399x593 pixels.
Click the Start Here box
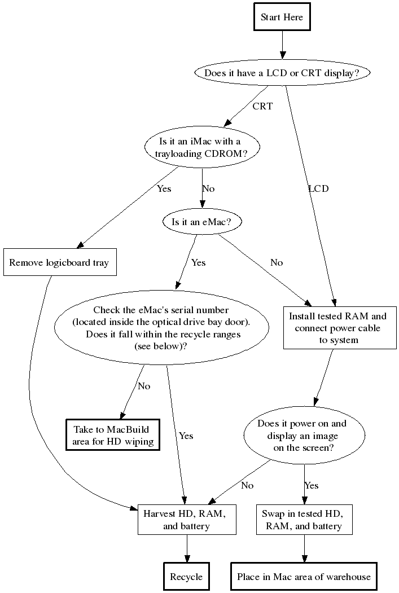point(282,17)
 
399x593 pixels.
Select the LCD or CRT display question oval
point(282,73)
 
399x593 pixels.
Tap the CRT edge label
point(262,106)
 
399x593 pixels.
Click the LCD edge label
point(318,188)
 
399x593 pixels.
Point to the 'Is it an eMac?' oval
point(201,222)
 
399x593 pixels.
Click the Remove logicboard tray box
point(59,262)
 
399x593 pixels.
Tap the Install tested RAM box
point(338,328)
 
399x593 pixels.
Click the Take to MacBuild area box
point(113,435)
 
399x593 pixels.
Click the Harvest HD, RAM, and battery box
point(187,520)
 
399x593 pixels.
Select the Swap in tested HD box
point(305,520)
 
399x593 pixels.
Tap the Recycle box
point(186,577)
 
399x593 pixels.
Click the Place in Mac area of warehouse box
point(304,577)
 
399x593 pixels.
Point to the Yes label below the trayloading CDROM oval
point(164,188)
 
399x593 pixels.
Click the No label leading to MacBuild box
point(144,386)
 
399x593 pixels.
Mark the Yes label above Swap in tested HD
point(312,485)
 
